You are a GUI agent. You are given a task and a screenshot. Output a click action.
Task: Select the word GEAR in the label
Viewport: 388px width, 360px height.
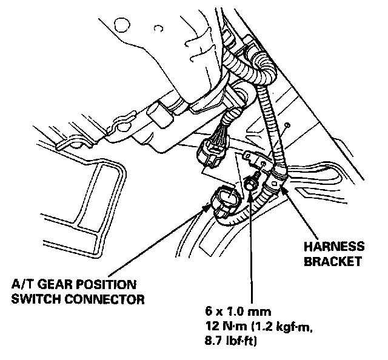(52, 284)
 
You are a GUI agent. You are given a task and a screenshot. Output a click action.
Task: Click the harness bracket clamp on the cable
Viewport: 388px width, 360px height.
(278, 179)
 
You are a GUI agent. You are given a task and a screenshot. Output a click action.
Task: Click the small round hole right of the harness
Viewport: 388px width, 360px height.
(289, 124)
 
